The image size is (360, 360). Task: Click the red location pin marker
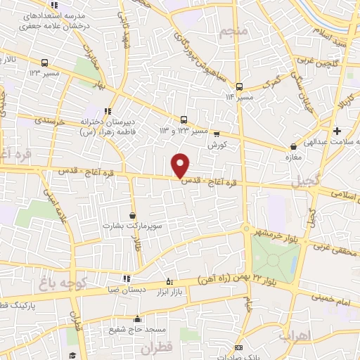pos(181,165)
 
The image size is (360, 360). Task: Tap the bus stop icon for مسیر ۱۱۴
pos(239,87)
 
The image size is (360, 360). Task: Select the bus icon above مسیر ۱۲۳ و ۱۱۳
pos(184,120)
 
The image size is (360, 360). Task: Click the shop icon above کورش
pos(216,134)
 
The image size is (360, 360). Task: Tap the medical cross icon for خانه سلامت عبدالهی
pos(337,131)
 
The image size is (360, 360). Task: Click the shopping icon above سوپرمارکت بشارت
pos(133,216)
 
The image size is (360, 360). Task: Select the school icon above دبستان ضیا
pos(126,278)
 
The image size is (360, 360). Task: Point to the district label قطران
pos(156,347)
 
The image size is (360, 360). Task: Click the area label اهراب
pos(295,335)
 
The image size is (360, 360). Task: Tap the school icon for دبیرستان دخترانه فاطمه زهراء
pos(108,111)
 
